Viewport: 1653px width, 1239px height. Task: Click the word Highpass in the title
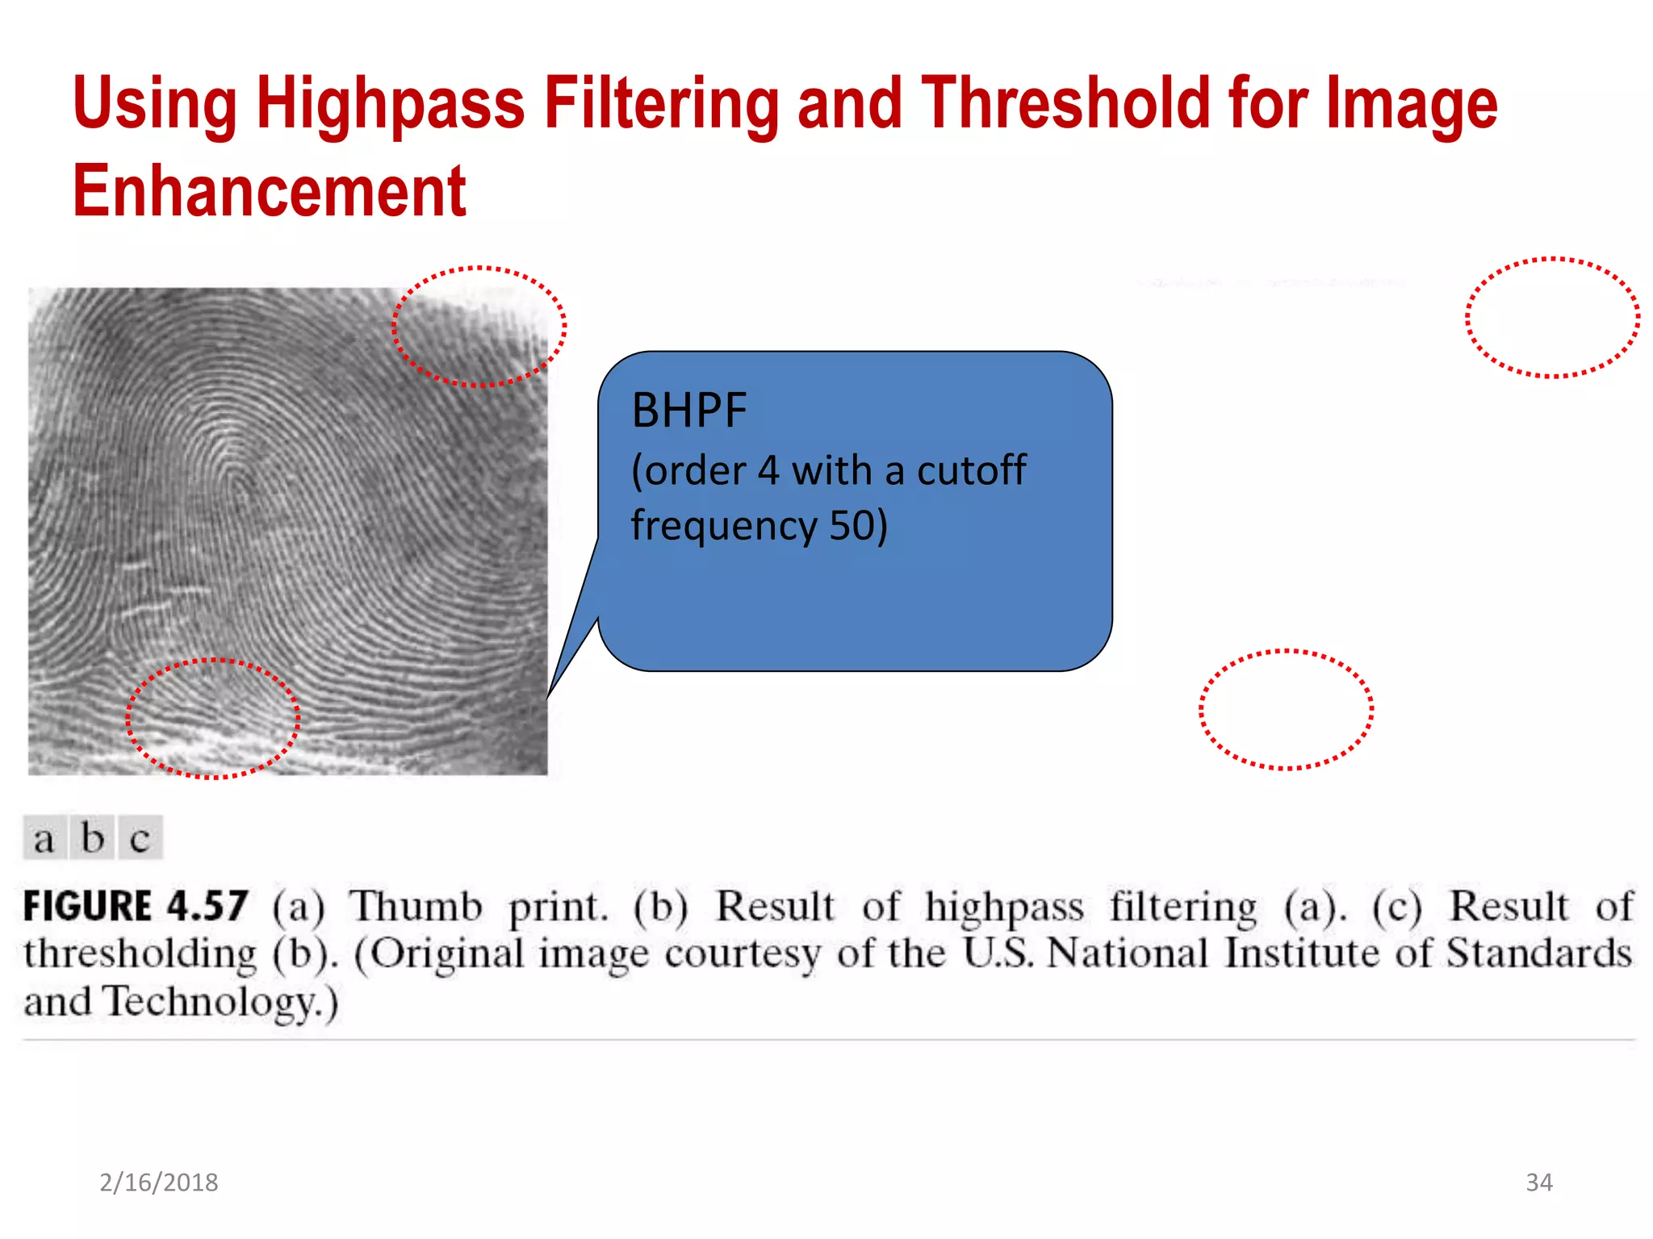[391, 105]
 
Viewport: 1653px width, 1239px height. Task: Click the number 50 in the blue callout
[852, 525]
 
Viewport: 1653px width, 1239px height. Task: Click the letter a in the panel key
[44, 839]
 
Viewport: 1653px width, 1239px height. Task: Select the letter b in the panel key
[93, 838]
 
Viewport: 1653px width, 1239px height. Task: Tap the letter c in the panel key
[140, 839]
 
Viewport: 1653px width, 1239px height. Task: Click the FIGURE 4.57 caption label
[136, 906]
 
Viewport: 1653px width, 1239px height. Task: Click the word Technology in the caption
[214, 1003]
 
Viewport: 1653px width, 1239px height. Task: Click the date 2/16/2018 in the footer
[159, 1183]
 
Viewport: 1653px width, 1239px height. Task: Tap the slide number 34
[1538, 1183]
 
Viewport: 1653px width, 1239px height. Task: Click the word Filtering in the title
[662, 105]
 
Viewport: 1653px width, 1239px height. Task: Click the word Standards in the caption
[1538, 953]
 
